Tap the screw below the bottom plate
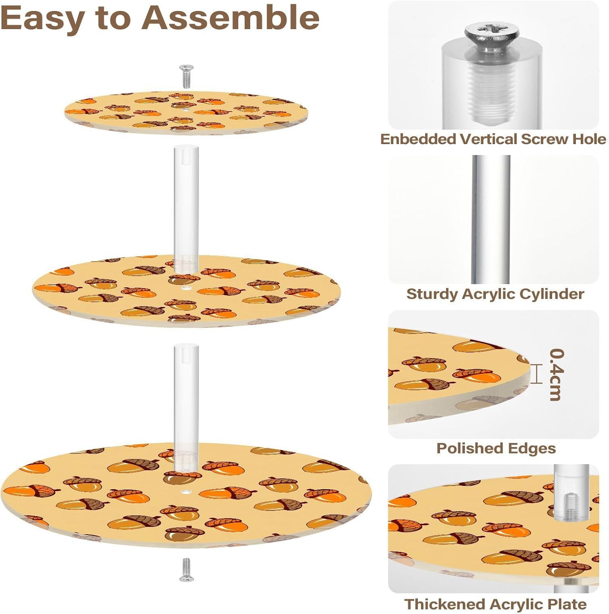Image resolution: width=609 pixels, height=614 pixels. pyautogui.click(x=186, y=569)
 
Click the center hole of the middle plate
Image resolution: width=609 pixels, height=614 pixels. pyautogui.click(x=186, y=289)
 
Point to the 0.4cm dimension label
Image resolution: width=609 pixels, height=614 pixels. pyautogui.click(x=557, y=374)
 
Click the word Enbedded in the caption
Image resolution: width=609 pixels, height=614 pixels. pyautogui.click(x=418, y=139)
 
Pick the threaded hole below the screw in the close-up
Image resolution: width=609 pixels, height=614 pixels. pyautogui.click(x=492, y=94)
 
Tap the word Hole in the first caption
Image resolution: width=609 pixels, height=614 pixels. pyautogui.click(x=589, y=139)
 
